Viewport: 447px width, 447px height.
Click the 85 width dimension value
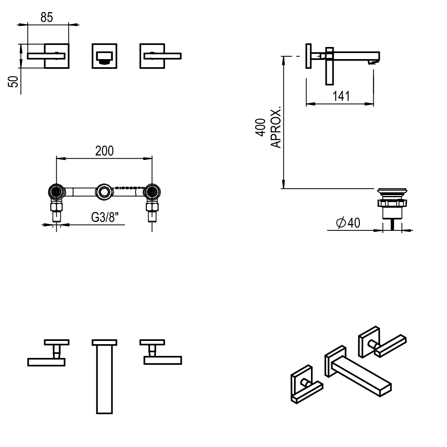[47, 17]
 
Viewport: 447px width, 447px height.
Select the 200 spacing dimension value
[104, 151]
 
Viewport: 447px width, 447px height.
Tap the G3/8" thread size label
[104, 217]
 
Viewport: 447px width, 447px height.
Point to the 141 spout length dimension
[341, 96]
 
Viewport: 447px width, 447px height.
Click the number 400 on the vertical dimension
[262, 127]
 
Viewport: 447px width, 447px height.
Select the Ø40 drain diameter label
[348, 223]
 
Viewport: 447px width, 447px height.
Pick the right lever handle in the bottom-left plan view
[162, 360]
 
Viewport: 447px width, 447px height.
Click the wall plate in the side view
[309, 56]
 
